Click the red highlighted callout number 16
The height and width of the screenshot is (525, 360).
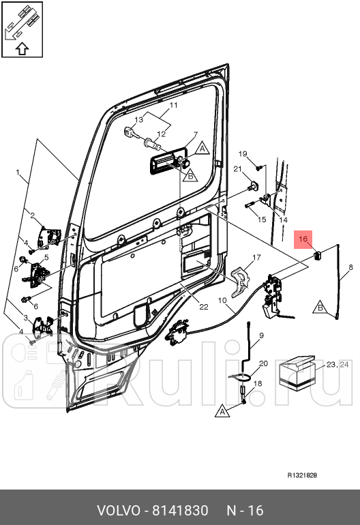point(303,239)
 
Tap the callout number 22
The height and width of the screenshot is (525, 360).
point(204,307)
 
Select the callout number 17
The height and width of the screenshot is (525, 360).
point(256,258)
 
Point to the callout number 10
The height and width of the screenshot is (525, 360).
point(222,300)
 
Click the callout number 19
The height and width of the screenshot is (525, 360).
point(243,153)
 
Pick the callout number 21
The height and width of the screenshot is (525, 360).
point(237,169)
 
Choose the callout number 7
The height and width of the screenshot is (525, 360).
point(196,134)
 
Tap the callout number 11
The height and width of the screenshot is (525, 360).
point(173,105)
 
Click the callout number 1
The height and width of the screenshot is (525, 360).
point(18,172)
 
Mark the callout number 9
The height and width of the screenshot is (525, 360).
point(262,335)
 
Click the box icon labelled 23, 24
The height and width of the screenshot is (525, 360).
point(297,374)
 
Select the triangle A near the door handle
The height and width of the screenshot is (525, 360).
point(202,148)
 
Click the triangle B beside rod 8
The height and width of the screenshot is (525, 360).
point(320,307)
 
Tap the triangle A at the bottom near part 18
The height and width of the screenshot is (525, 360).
point(222,411)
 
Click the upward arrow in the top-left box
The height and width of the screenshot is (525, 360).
point(22,49)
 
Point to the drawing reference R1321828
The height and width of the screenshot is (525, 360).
point(302,475)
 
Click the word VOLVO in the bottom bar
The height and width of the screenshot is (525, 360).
point(119,511)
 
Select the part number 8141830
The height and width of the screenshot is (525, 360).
point(180,511)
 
